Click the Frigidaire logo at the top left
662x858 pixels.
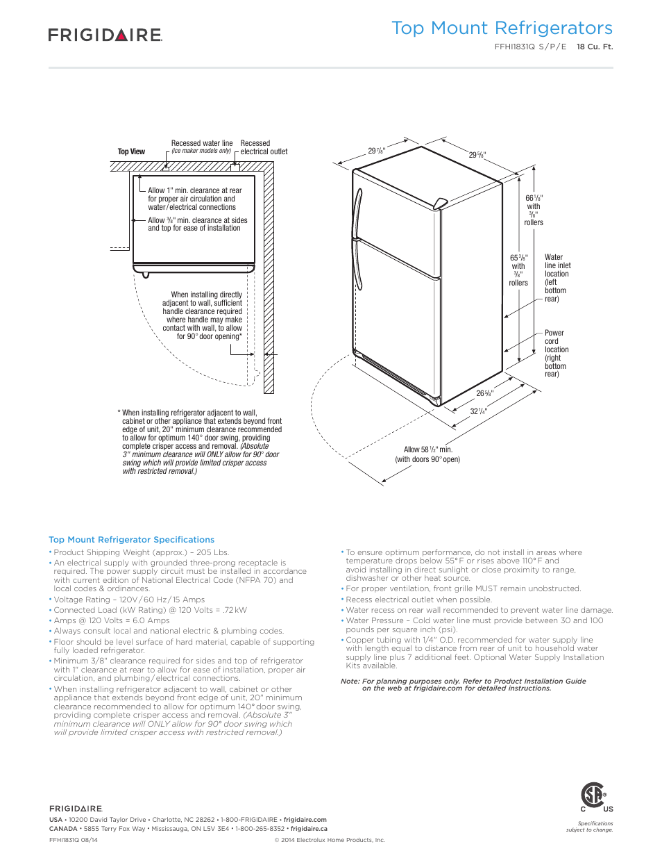pyautogui.click(x=105, y=35)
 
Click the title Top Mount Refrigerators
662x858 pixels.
pyautogui.click(x=502, y=28)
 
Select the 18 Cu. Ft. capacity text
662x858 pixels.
pyautogui.click(x=595, y=47)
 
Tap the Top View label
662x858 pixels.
pyautogui.click(x=131, y=151)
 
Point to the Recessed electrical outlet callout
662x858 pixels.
pyautogui.click(x=264, y=147)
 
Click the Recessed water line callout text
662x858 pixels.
pyautogui.click(x=202, y=147)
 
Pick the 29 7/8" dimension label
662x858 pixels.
pyautogui.click(x=376, y=151)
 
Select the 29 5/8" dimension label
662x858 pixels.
pyautogui.click(x=477, y=155)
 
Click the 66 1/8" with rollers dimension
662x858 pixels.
pyautogui.click(x=534, y=210)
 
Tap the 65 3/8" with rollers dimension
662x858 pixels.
pyautogui.click(x=518, y=270)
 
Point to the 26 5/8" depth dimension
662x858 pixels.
pyautogui.click(x=484, y=393)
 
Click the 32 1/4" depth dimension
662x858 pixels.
pyautogui.click(x=479, y=411)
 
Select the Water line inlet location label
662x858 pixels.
pyautogui.click(x=557, y=278)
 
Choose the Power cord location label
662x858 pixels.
pyautogui.click(x=555, y=354)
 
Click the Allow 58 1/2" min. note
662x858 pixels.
pyautogui.click(x=427, y=454)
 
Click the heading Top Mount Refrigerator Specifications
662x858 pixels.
pyautogui.click(x=131, y=540)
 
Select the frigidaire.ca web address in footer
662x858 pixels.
pyautogui.click(x=309, y=829)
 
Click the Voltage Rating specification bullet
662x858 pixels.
pyautogui.click(x=129, y=600)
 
